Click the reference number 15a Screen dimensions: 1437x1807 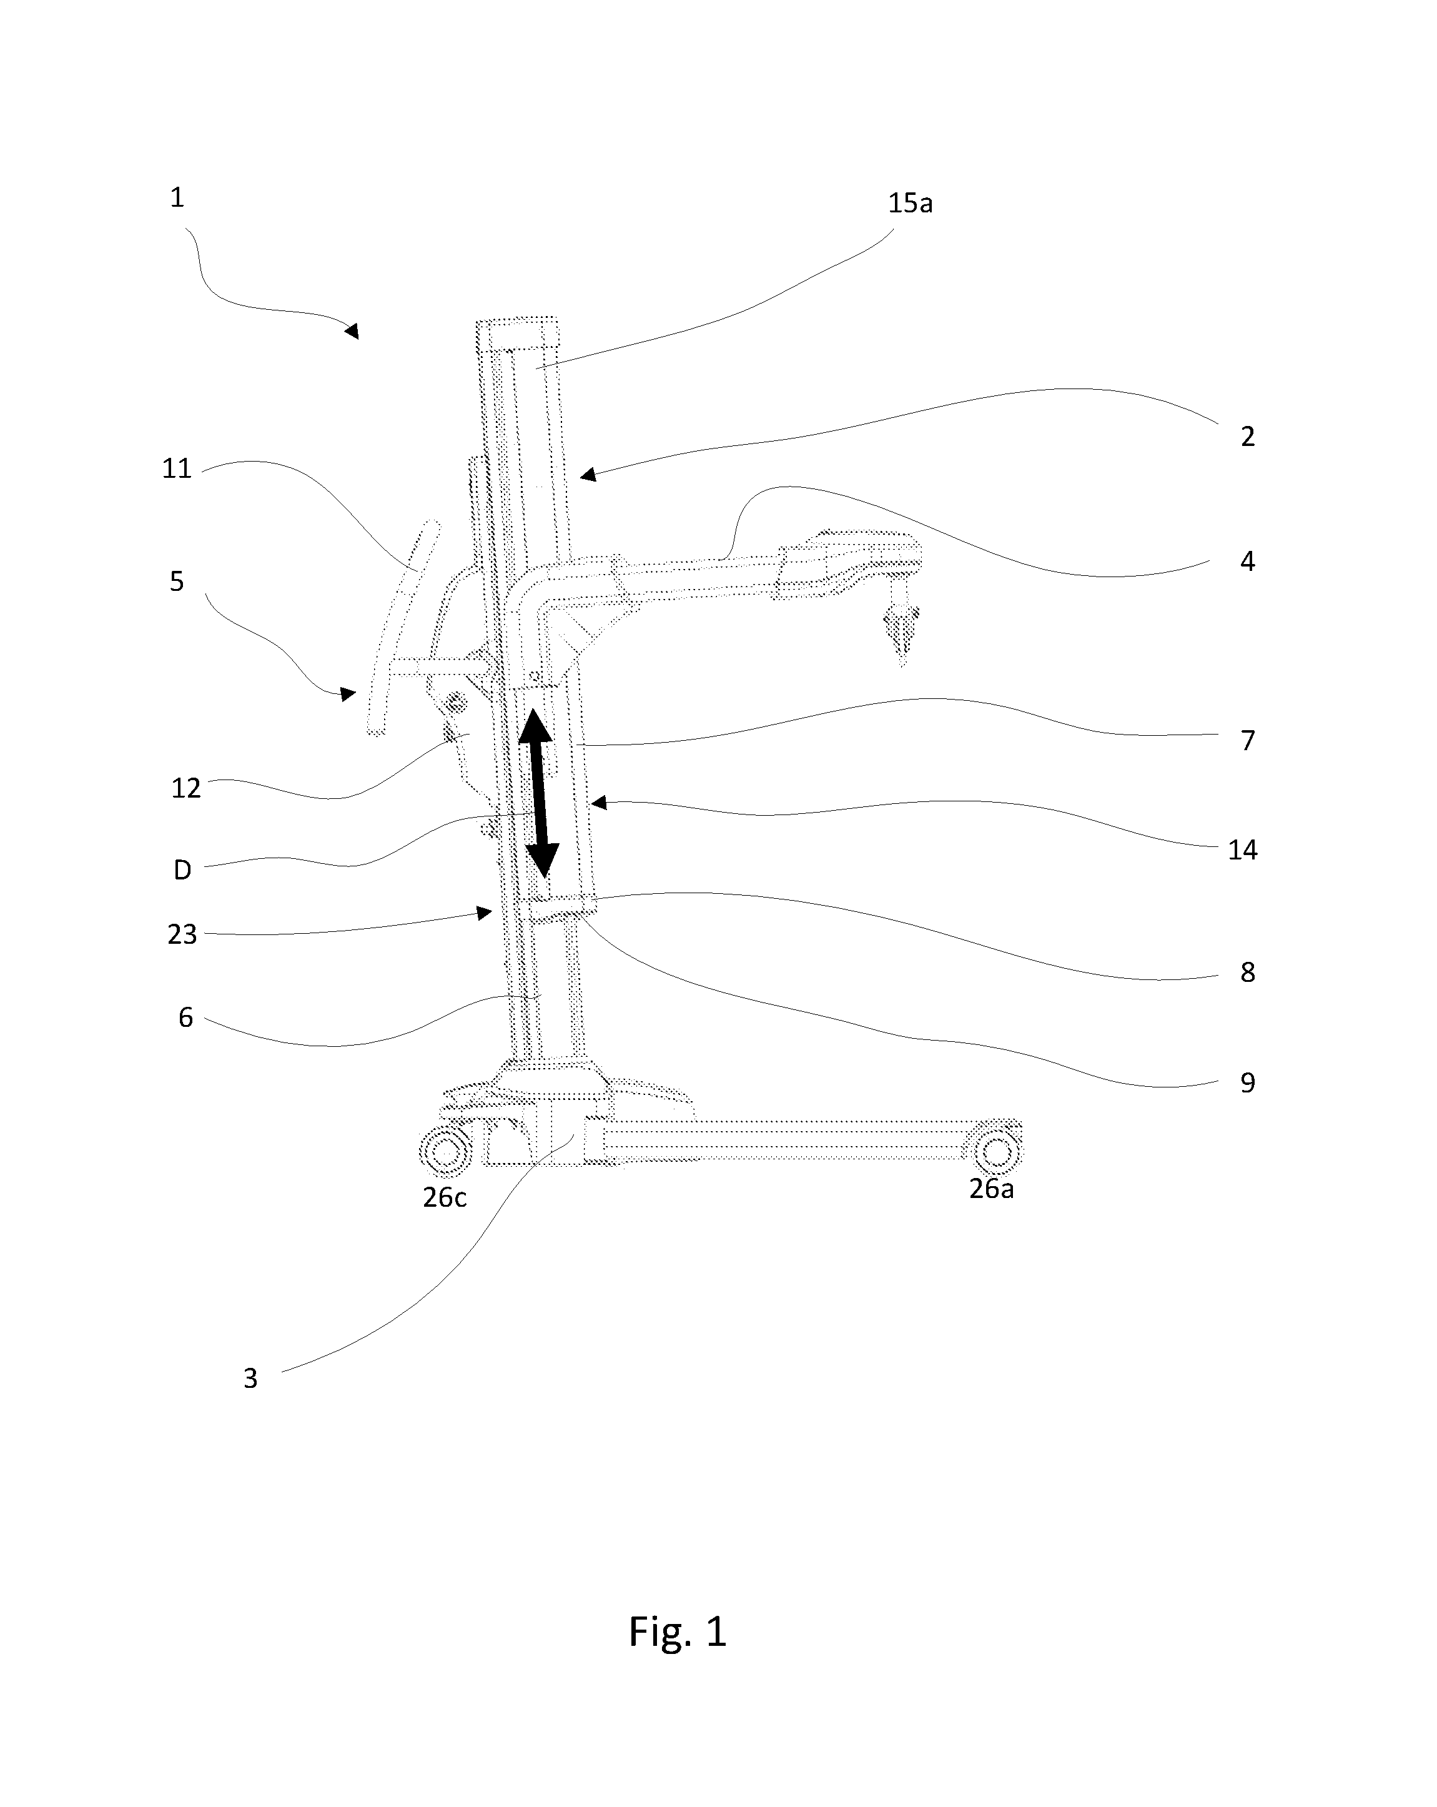tap(910, 204)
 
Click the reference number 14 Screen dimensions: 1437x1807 tap(1243, 850)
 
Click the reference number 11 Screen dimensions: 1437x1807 tap(177, 468)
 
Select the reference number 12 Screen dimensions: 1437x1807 tap(186, 788)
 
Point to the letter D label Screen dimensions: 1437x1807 tap(182, 870)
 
